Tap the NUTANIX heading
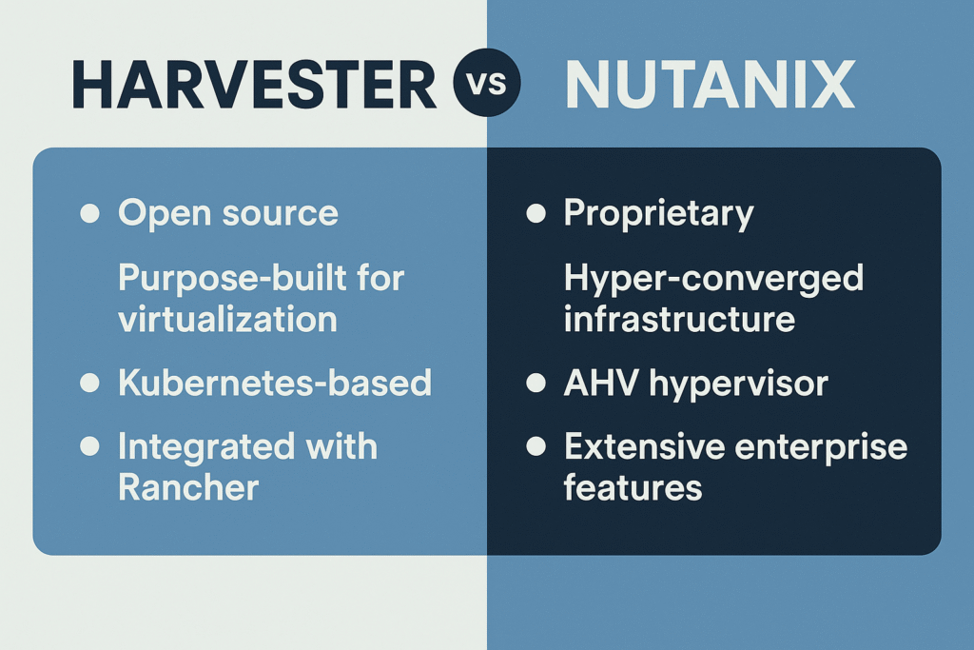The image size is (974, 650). point(709,85)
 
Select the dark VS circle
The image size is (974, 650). point(486,85)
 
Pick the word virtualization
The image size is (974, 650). point(227,319)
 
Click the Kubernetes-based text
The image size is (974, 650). point(274,383)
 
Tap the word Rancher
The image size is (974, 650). point(187,487)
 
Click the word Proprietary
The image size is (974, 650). point(658,213)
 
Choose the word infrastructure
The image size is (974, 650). point(679,319)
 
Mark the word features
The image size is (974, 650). point(633,487)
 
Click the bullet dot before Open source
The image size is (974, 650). point(89,213)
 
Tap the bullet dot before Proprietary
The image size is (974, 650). point(536,213)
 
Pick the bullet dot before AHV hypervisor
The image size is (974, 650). point(536,384)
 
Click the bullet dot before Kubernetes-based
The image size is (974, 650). point(89,384)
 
